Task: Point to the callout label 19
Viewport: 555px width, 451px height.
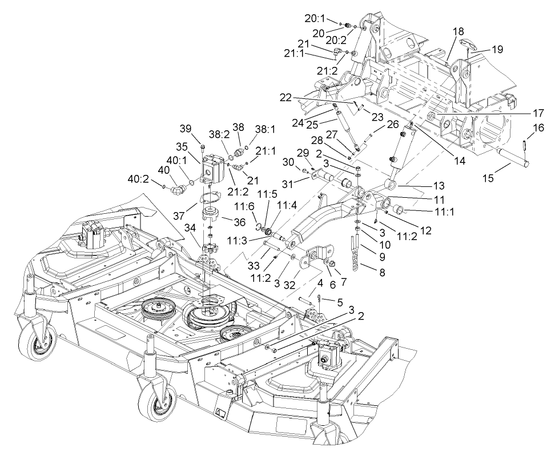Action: [497, 49]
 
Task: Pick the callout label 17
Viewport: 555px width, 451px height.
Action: [538, 113]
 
